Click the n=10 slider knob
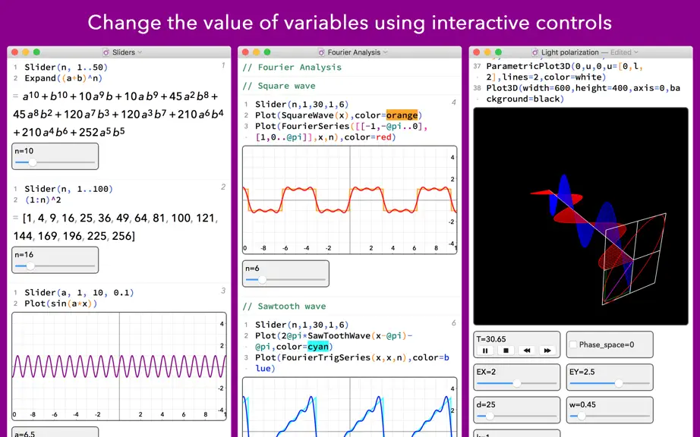33,163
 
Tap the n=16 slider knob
30,266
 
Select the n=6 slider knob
262,280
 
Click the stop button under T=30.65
506,351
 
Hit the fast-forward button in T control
547,351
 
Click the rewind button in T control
527,351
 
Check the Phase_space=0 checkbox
573,344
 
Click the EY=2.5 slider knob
618,383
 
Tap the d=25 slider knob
490,416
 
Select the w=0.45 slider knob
582,416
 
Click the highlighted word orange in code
402,115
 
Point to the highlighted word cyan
318,347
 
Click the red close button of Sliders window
14,52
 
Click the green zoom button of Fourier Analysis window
267,52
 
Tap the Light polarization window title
569,52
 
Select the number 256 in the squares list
123,236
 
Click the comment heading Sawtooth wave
292,307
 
